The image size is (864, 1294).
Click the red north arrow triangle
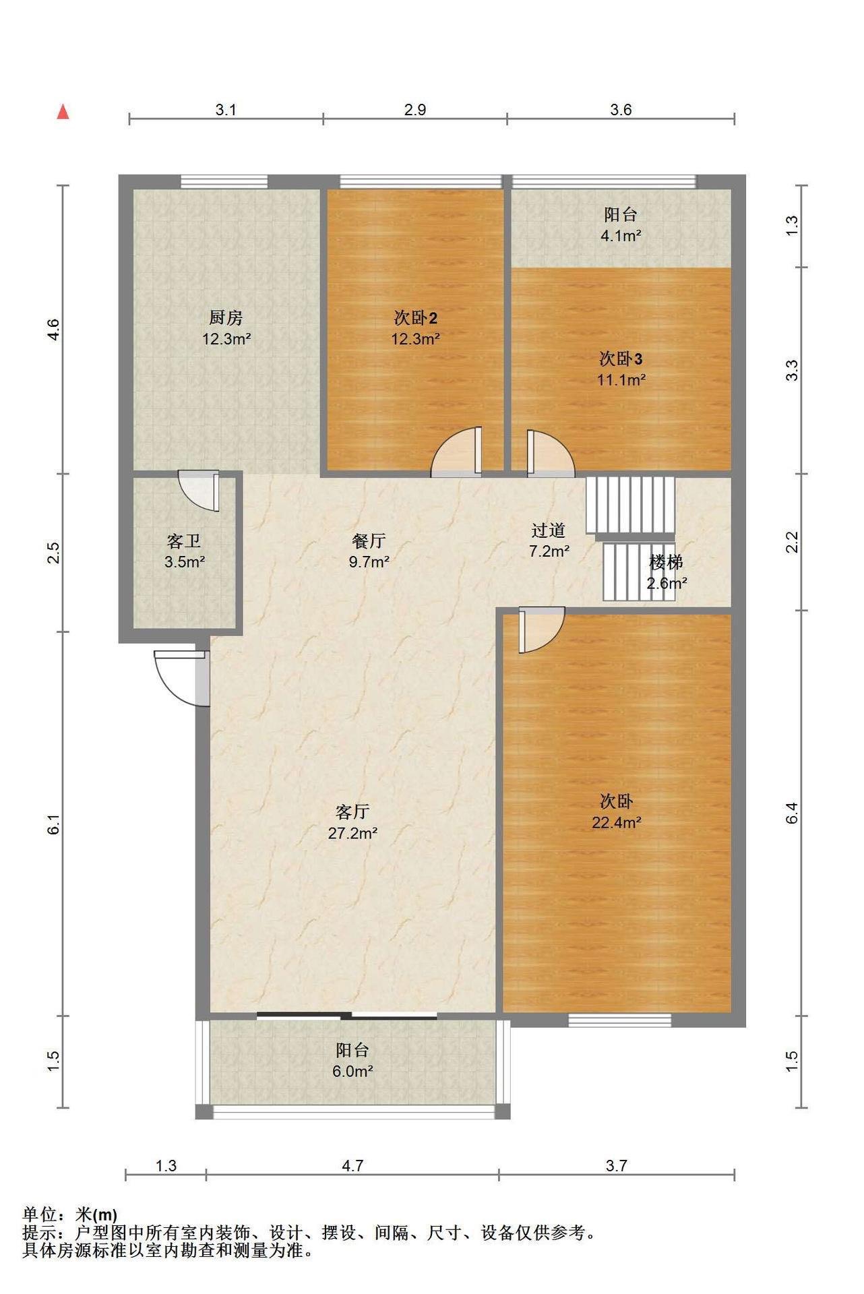click(63, 112)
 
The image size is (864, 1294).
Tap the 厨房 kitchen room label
click(226, 317)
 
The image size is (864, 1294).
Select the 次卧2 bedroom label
click(416, 317)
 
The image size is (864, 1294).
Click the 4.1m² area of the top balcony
click(621, 236)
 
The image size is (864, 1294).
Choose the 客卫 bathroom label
click(184, 541)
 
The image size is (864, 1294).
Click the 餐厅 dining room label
click(369, 541)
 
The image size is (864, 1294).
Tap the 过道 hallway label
click(548, 530)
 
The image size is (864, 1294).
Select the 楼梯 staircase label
click(667, 562)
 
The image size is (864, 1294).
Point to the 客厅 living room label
click(352, 811)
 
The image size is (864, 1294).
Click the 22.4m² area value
click(617, 822)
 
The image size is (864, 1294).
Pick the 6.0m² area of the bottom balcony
click(352, 1071)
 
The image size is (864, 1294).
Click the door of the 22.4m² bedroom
click(541, 629)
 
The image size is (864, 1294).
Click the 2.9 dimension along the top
click(415, 110)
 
